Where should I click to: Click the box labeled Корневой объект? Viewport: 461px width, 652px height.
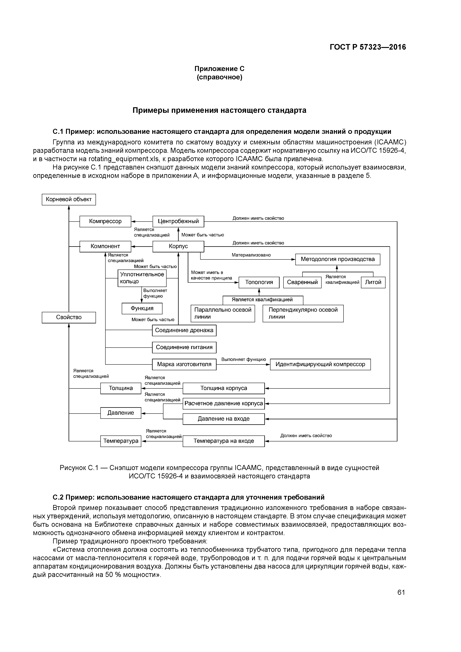coord(69,199)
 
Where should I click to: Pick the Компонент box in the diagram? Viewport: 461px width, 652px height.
coord(105,246)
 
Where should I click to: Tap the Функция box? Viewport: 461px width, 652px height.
coord(142,308)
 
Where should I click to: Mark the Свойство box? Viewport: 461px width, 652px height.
coord(69,317)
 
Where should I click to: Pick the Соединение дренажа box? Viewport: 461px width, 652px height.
coord(184,330)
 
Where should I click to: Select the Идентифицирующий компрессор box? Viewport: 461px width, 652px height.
coord(320,364)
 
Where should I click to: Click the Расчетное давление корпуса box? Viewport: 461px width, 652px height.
coord(224,404)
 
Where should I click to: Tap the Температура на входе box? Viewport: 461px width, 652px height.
coord(224,441)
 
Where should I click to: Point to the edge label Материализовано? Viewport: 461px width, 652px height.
coord(251,255)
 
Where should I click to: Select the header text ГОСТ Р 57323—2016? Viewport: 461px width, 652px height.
coord(368,47)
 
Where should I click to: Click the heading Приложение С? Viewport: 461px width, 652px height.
coord(219,69)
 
